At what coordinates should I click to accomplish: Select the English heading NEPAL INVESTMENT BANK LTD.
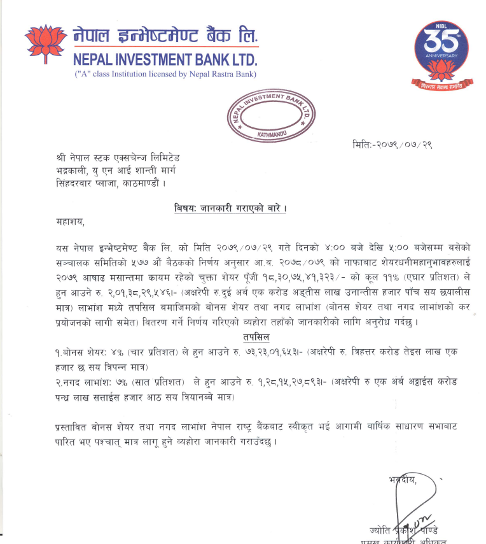coord(165,61)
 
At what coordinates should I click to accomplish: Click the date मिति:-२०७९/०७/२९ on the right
coord(392,145)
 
